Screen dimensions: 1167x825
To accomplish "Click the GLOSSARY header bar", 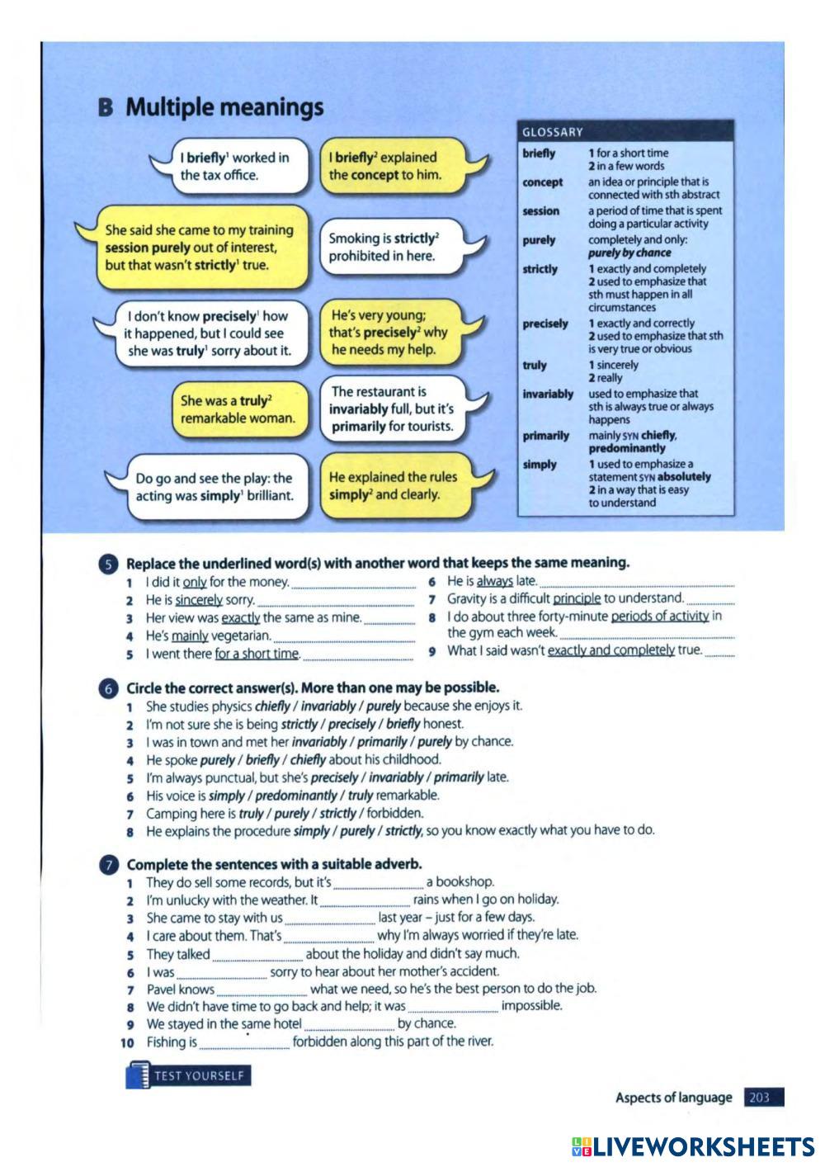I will click(x=625, y=132).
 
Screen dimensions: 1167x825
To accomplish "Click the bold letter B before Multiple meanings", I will click(x=105, y=108).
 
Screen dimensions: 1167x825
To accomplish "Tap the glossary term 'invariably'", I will click(x=547, y=395).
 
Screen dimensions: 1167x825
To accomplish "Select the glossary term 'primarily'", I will click(x=545, y=436).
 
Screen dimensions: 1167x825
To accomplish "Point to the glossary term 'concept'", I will click(x=542, y=182).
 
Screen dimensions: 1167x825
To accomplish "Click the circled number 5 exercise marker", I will click(x=108, y=564).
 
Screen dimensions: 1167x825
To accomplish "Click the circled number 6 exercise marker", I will click(x=108, y=688).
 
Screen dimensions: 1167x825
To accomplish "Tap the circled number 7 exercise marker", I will click(x=108, y=865).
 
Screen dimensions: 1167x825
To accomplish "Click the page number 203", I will click(x=760, y=1098).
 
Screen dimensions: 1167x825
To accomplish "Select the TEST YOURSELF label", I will click(x=198, y=1076).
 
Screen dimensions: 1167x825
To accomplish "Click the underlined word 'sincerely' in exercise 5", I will click(x=199, y=600).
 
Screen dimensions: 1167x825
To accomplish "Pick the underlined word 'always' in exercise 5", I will click(x=495, y=581).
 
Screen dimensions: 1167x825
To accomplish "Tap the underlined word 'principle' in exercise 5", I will click(x=576, y=598).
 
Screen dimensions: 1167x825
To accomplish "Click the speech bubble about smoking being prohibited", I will click(x=385, y=247).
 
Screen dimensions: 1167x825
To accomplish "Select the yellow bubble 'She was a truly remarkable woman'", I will click(x=238, y=409).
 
